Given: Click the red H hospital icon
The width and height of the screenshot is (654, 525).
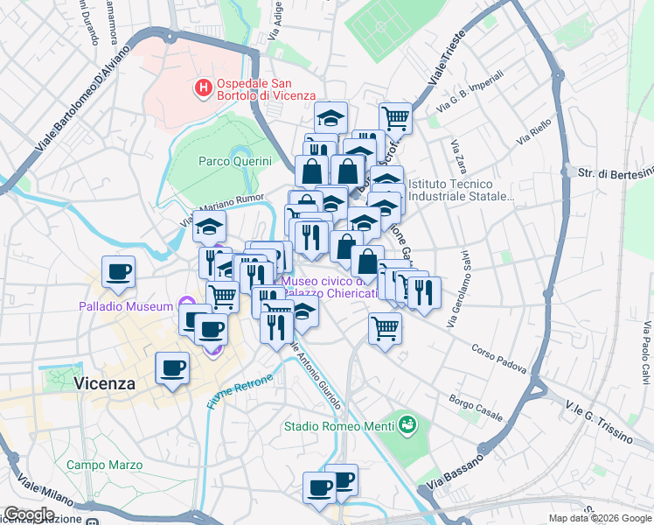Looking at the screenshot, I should click(x=203, y=87).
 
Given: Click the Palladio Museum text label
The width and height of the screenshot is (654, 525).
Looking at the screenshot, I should click(x=125, y=307).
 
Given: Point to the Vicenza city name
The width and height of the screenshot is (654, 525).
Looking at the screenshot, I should click(x=105, y=383).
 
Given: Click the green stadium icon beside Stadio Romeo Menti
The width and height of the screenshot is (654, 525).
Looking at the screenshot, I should click(x=406, y=426).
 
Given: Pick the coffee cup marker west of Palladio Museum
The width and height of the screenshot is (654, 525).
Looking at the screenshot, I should click(x=119, y=271).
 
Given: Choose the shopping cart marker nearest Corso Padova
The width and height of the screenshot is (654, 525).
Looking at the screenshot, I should click(x=385, y=329).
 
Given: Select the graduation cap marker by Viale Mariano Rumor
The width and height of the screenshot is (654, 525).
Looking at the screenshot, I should click(x=209, y=227).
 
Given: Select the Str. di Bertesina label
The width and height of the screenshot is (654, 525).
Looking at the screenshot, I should click(x=615, y=172).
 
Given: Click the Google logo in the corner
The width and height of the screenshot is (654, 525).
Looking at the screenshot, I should click(x=29, y=514).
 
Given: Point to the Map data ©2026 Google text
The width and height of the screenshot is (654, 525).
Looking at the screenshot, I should click(x=600, y=518).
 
